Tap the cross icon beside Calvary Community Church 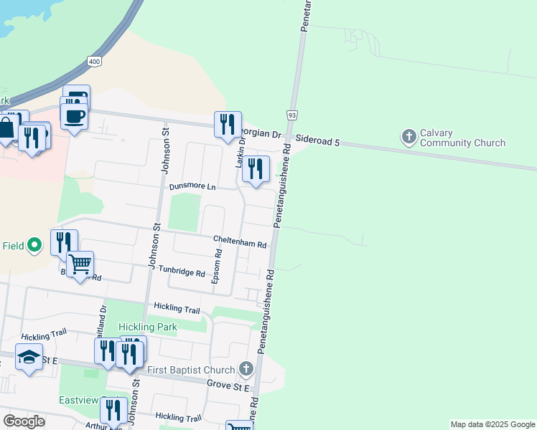click(x=409, y=137)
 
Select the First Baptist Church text click(x=191, y=370)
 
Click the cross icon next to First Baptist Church click(x=246, y=369)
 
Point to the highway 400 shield click(x=95, y=62)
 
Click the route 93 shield click(x=291, y=115)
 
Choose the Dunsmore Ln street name click(x=192, y=186)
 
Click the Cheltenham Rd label click(x=240, y=242)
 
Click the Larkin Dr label click(x=241, y=153)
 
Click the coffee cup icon click(x=74, y=116)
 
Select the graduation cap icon click(x=29, y=357)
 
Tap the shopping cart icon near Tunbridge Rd click(x=80, y=264)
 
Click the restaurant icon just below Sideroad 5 click(x=255, y=169)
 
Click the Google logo click(x=24, y=421)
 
